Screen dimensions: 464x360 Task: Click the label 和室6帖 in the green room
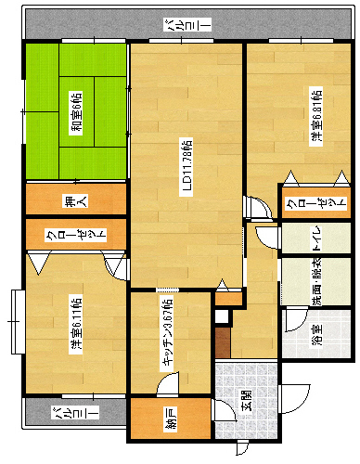click(75, 114)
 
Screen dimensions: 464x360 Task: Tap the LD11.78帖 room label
click(186, 167)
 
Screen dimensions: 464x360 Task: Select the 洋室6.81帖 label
click(316, 116)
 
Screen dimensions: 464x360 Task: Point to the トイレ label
click(315, 238)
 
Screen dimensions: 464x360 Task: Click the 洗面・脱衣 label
click(315, 285)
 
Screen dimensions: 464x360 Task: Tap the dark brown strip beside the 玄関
click(221, 342)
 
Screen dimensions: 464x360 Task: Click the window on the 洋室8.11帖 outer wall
click(16, 319)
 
